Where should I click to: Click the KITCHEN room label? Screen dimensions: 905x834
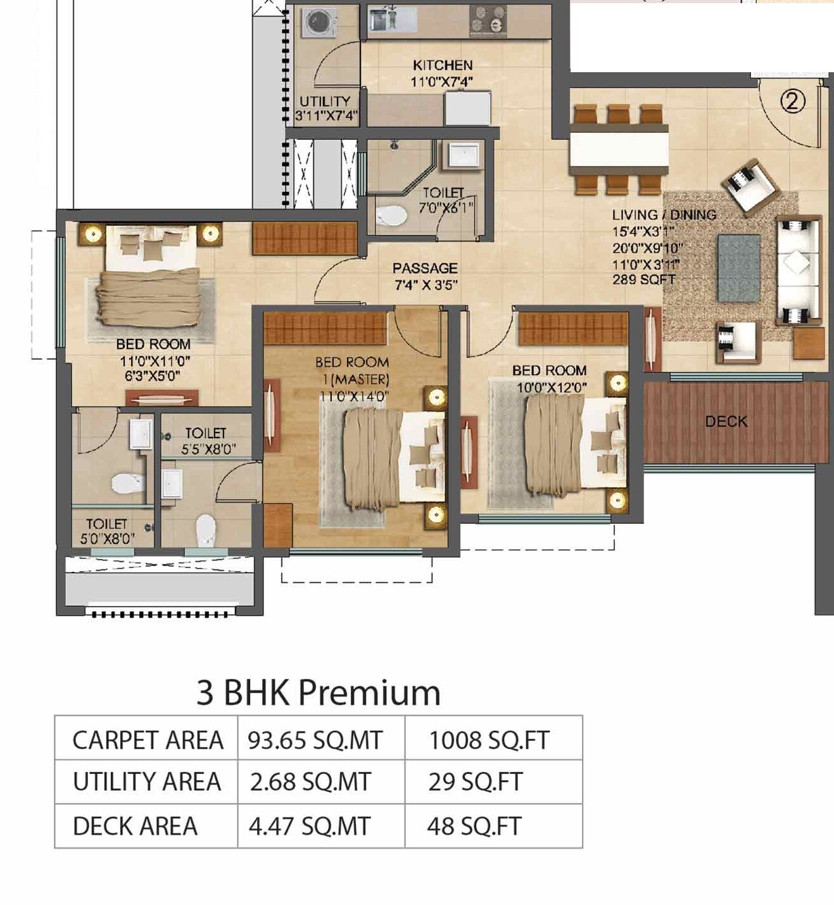pyautogui.click(x=443, y=65)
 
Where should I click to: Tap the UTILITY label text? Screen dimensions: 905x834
pyautogui.click(x=325, y=101)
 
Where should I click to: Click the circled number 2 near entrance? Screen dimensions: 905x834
pyautogui.click(x=792, y=101)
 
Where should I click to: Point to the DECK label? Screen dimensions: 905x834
pyautogui.click(x=726, y=422)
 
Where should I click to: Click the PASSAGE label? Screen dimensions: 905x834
pyautogui.click(x=424, y=269)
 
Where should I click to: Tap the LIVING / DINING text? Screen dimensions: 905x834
pyautogui.click(x=664, y=215)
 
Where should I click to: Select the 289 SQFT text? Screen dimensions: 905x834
pyautogui.click(x=643, y=280)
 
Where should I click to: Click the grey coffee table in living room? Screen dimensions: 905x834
pyautogui.click(x=738, y=268)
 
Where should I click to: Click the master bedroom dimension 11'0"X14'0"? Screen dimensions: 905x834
pyautogui.click(x=353, y=396)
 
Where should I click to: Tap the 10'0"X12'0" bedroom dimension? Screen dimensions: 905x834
pyautogui.click(x=551, y=387)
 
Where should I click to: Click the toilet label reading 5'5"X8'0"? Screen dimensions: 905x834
pyautogui.click(x=208, y=449)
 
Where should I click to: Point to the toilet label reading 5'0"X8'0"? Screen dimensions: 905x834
pyautogui.click(x=107, y=539)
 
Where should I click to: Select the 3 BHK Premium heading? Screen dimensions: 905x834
pyautogui.click(x=318, y=692)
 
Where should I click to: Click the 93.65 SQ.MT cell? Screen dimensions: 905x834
pyautogui.click(x=315, y=740)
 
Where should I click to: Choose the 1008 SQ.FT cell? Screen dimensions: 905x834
pyautogui.click(x=489, y=740)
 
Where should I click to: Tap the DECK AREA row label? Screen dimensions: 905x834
pyautogui.click(x=135, y=826)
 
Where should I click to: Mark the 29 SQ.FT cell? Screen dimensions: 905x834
pyautogui.click(x=475, y=782)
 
